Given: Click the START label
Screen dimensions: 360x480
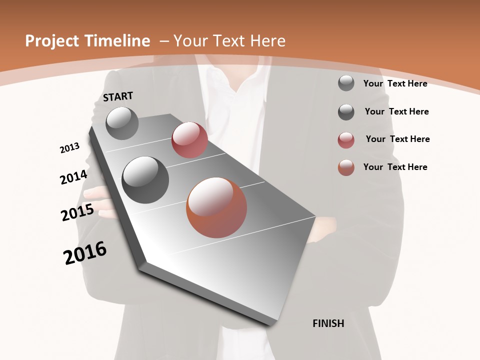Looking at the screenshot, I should pyautogui.click(x=118, y=96).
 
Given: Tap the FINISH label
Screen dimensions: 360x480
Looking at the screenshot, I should pyautogui.click(x=328, y=323).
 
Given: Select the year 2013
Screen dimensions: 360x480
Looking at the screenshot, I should pyautogui.click(x=69, y=147).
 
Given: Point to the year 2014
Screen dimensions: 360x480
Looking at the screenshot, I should pyautogui.click(x=73, y=177).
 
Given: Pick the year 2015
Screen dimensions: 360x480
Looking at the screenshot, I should pyautogui.click(x=77, y=212).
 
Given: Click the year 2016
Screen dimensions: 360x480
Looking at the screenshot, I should pyautogui.click(x=85, y=253).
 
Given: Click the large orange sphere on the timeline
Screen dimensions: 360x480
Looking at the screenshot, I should pyautogui.click(x=216, y=207).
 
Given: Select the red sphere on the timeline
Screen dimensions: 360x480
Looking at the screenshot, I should pyautogui.click(x=189, y=140).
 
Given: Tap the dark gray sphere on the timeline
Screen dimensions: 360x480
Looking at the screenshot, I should pyautogui.click(x=145, y=179).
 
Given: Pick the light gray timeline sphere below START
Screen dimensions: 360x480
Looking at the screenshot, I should pyautogui.click(x=122, y=123).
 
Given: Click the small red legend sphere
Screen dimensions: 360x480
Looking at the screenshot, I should pyautogui.click(x=346, y=140).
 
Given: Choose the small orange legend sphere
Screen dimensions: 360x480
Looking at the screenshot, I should pyautogui.click(x=346, y=167).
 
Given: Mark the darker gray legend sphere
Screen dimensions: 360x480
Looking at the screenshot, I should pyautogui.click(x=346, y=112).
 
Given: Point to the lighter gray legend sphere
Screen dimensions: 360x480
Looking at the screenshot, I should pyautogui.click(x=346, y=83).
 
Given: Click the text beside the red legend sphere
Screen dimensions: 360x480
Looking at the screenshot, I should pyautogui.click(x=397, y=139).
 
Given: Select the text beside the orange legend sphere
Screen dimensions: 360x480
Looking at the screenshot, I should pyautogui.click(x=395, y=167).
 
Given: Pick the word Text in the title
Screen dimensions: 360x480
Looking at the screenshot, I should pyautogui.click(x=229, y=41).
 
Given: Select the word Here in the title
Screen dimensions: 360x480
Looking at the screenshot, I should pyautogui.click(x=267, y=41).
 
